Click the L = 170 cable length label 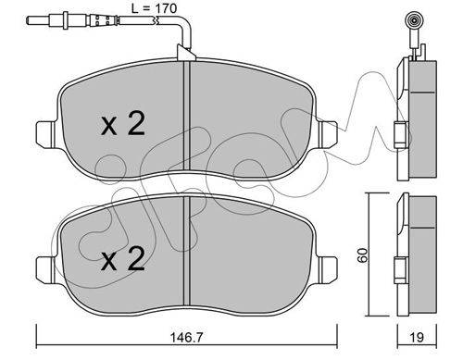click(154, 8)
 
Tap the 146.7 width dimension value click(187, 337)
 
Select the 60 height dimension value click(363, 254)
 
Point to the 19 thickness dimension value click(417, 337)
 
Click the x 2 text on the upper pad click(123, 124)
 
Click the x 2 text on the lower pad click(123, 259)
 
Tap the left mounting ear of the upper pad click(46, 132)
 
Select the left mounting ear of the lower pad click(46, 267)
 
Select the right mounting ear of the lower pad click(328, 267)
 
